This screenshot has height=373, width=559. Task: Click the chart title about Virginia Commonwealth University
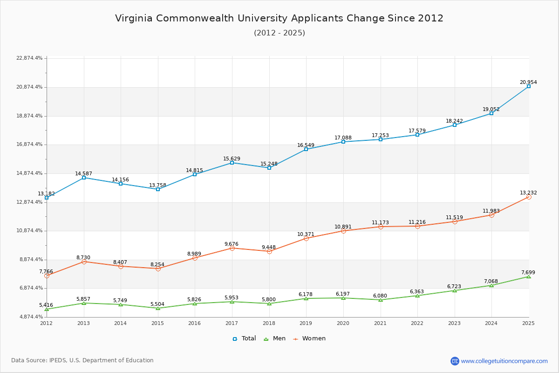click(x=279, y=18)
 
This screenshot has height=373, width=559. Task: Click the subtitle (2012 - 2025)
click(x=279, y=33)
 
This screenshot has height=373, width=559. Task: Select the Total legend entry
click(x=244, y=338)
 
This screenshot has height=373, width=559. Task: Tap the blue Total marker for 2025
click(x=529, y=86)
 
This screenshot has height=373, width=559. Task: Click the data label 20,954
click(x=528, y=82)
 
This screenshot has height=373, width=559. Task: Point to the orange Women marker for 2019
click(x=306, y=238)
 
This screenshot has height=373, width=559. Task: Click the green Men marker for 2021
click(x=381, y=300)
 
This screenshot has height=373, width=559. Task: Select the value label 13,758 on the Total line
click(x=157, y=185)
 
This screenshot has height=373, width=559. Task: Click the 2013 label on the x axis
click(x=83, y=323)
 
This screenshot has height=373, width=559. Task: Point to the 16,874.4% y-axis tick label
click(x=29, y=145)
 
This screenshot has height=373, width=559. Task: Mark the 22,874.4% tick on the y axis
click(x=29, y=58)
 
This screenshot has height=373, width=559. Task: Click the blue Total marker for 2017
click(x=232, y=163)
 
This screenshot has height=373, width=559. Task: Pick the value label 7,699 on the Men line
click(x=528, y=272)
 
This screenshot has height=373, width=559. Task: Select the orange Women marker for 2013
click(x=84, y=262)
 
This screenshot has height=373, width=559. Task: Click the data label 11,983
click(x=491, y=211)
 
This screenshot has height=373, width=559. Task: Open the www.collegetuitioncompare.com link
click(x=504, y=361)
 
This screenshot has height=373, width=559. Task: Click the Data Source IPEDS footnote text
click(x=82, y=360)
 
